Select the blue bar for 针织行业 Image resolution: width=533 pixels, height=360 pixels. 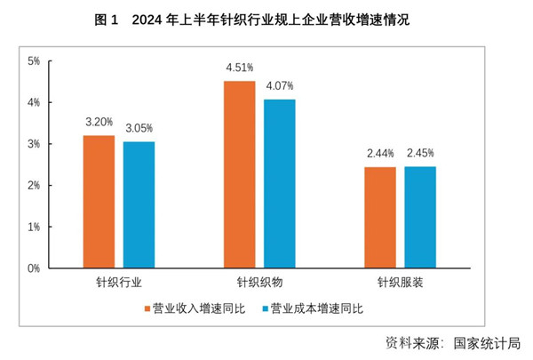(139, 204)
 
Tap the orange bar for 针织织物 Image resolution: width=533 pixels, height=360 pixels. (239, 174)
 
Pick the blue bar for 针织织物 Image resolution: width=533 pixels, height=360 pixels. (279, 183)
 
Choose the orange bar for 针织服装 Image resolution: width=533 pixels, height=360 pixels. (380, 217)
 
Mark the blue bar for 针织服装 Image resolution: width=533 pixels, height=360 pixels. (420, 217)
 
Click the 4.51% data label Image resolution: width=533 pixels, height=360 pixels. (240, 67)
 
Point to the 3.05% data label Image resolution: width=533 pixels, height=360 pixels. (139, 127)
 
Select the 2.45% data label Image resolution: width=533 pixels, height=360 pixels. (421, 152)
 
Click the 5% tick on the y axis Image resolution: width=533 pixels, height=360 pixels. (34, 61)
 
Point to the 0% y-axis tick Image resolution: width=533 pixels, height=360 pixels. (34, 268)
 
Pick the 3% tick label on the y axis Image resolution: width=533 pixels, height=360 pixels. (34, 144)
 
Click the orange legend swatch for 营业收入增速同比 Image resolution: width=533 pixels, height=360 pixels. (147, 309)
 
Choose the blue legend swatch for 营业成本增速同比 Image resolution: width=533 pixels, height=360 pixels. (265, 309)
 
